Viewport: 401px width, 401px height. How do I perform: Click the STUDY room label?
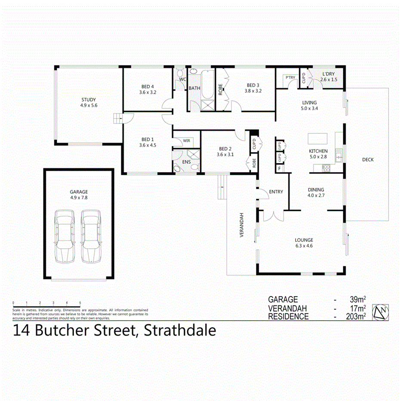(89, 99)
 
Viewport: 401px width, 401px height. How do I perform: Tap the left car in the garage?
(65, 236)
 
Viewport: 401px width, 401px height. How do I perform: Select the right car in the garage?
(91, 236)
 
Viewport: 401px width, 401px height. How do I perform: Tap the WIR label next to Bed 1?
(186, 141)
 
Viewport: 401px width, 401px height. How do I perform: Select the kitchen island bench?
(318, 139)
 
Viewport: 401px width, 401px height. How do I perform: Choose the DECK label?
(368, 160)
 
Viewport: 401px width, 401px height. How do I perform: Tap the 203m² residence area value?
(357, 317)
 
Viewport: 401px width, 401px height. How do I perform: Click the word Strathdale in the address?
(180, 331)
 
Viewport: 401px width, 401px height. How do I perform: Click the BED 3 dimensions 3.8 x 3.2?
(253, 91)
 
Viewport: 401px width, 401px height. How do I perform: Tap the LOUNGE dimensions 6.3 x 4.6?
(304, 246)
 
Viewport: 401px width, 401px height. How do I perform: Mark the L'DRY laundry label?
(329, 74)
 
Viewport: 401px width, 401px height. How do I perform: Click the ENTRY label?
(276, 192)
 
